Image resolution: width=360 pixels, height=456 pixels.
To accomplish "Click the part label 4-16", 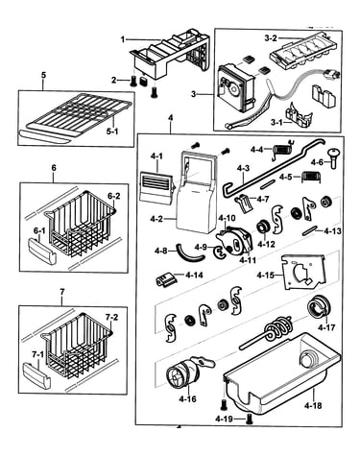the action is click(x=188, y=399).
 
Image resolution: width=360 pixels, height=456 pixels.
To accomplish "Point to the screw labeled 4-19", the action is click(x=249, y=419).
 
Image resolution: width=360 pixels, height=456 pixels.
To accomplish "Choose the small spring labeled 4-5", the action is click(x=311, y=177).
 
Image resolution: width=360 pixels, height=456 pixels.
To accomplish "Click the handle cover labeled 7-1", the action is click(x=36, y=375).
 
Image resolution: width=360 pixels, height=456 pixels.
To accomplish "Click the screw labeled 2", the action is click(x=132, y=83).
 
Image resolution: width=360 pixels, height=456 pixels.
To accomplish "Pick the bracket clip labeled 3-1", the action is click(x=299, y=113).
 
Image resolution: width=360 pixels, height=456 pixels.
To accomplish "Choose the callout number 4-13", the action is click(x=332, y=230).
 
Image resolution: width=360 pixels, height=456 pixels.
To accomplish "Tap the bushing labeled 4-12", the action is click(x=263, y=228).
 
